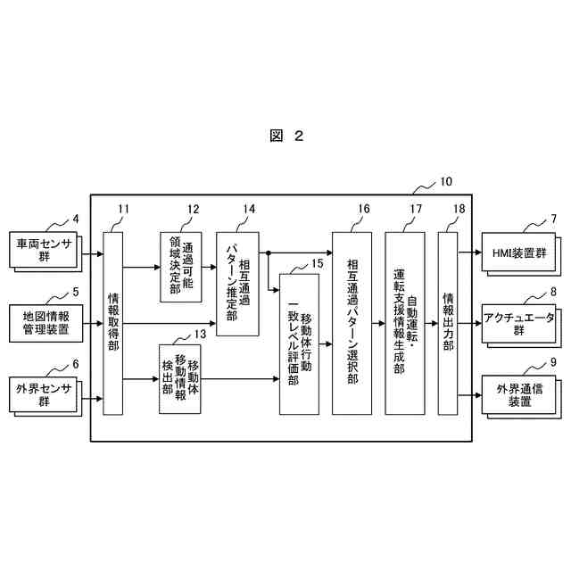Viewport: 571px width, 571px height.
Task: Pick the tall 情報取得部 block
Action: click(x=112, y=322)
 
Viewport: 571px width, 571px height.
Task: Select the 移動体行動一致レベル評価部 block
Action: click(x=299, y=343)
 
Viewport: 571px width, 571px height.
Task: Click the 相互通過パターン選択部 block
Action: click(x=352, y=322)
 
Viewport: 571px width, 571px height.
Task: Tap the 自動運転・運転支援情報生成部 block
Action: click(x=405, y=322)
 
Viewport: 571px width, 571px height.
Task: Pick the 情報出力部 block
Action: click(x=448, y=322)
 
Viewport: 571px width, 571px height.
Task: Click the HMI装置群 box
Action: click(x=519, y=252)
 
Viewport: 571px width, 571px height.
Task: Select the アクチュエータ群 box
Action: click(x=518, y=323)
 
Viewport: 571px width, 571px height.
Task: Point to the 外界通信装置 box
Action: click(x=518, y=395)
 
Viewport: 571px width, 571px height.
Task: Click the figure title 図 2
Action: click(x=285, y=136)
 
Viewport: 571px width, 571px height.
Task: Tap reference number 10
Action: click(x=446, y=182)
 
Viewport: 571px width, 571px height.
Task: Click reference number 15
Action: click(x=318, y=263)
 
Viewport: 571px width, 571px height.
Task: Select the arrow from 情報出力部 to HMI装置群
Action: click(x=469, y=252)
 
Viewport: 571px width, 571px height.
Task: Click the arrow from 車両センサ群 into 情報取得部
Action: click(x=92, y=253)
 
